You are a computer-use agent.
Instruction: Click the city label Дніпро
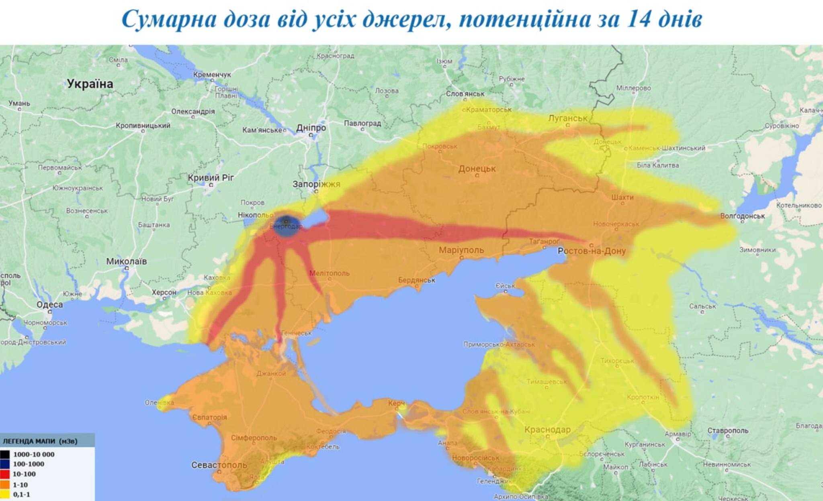pos(311,128)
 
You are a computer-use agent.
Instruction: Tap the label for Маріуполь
pos(461,250)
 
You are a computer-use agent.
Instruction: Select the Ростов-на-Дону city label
pos(592,251)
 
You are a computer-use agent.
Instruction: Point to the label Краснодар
pos(547,430)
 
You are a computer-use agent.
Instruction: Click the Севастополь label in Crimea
pos(219,465)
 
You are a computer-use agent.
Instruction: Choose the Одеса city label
pos(49,305)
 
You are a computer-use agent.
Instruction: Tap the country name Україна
pos(90,84)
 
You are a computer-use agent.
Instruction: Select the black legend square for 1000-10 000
pos(5,454)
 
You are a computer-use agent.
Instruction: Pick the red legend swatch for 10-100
pos(5,474)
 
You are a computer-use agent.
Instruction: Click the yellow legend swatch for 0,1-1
pos(5,495)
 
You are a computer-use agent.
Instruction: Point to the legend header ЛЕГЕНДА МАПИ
pos(40,441)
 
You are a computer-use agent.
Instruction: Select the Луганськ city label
pos(567,118)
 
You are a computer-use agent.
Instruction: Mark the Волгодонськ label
pos(742,216)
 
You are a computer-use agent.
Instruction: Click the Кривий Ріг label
pos(211,177)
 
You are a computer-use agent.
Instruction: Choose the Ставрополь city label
pos(728,430)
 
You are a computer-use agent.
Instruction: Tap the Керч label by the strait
pos(396,403)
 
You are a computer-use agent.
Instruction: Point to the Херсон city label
pos(164,292)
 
